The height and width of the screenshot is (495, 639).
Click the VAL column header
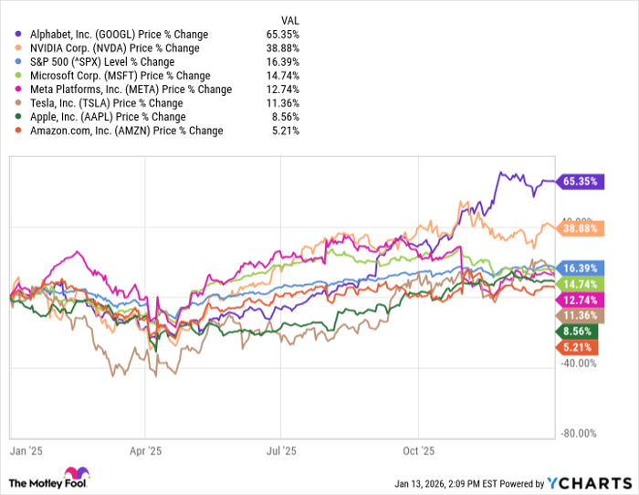[x=288, y=19]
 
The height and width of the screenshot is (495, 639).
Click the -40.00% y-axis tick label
[x=578, y=363]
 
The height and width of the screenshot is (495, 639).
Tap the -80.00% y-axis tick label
[x=578, y=434]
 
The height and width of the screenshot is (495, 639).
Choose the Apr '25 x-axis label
[x=145, y=450]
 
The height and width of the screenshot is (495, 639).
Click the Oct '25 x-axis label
[x=418, y=450]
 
